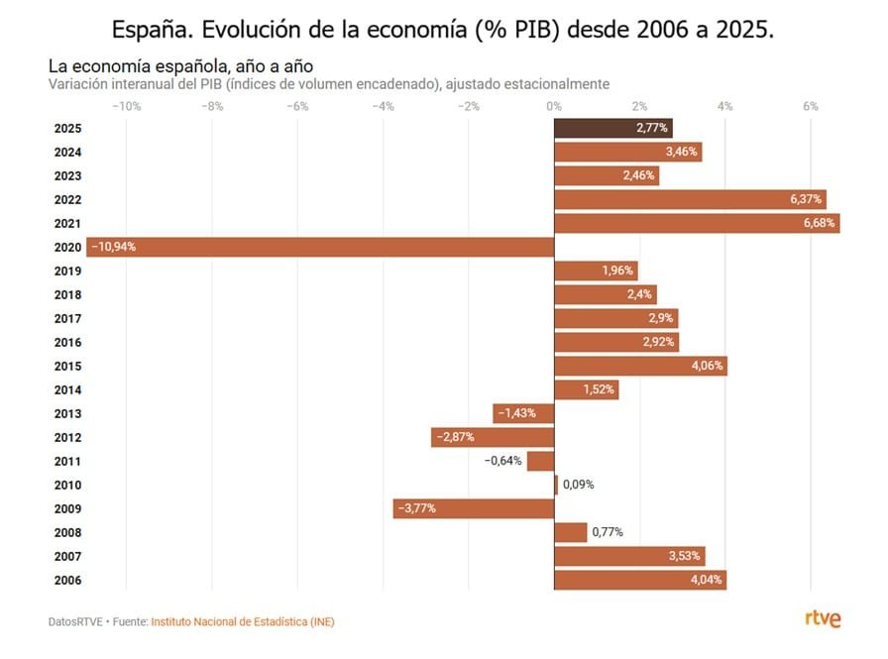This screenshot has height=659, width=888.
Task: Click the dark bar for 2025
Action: (x=612, y=128)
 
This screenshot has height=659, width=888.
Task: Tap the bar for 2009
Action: (x=474, y=508)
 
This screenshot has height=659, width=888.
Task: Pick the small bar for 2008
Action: (x=571, y=532)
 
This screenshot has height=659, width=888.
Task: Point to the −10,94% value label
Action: (x=113, y=247)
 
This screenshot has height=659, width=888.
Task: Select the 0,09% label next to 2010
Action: (x=579, y=485)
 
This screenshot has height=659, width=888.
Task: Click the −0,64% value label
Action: (x=502, y=461)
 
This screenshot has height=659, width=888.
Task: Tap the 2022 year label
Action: (x=68, y=199)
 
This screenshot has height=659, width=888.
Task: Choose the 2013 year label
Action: (x=68, y=413)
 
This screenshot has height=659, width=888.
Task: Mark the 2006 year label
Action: (x=68, y=580)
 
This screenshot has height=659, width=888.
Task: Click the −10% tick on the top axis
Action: (x=126, y=106)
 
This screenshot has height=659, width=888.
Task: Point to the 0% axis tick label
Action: (x=554, y=106)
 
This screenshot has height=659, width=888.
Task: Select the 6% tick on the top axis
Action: (x=811, y=106)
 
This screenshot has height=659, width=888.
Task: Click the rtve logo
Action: (x=823, y=619)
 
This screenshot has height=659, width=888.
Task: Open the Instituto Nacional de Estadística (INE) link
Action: (x=243, y=621)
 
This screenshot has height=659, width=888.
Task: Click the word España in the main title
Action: (x=153, y=29)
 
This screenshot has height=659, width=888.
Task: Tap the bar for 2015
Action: (x=640, y=366)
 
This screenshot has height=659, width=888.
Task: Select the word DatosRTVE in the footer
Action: (x=75, y=621)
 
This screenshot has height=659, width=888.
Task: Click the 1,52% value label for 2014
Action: (x=599, y=389)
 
